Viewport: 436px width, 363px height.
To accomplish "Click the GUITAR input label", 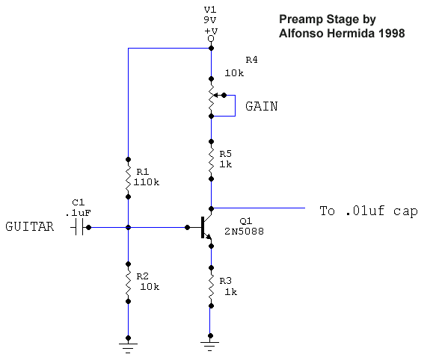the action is (29, 226).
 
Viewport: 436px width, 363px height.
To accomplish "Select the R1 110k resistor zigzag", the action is (128, 178).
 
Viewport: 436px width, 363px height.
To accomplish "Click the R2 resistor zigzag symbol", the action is (128, 282).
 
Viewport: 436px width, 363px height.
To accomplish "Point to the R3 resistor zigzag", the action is (211, 287).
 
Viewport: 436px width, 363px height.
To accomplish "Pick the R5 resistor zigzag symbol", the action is (211, 161).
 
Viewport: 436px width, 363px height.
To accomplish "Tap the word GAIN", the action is (262, 106).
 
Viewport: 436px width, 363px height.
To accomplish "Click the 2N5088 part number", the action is (244, 231).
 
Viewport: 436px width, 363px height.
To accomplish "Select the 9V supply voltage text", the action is (210, 19).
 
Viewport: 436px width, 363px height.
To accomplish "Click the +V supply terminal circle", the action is (211, 39).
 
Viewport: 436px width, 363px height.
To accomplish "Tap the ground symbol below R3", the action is (209, 346).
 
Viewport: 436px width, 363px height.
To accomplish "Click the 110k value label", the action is (147, 182).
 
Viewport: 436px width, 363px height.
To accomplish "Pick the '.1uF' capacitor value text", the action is (78, 213).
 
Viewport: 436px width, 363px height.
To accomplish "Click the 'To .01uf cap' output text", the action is (369, 211).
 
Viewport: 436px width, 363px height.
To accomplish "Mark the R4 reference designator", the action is (251, 60).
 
